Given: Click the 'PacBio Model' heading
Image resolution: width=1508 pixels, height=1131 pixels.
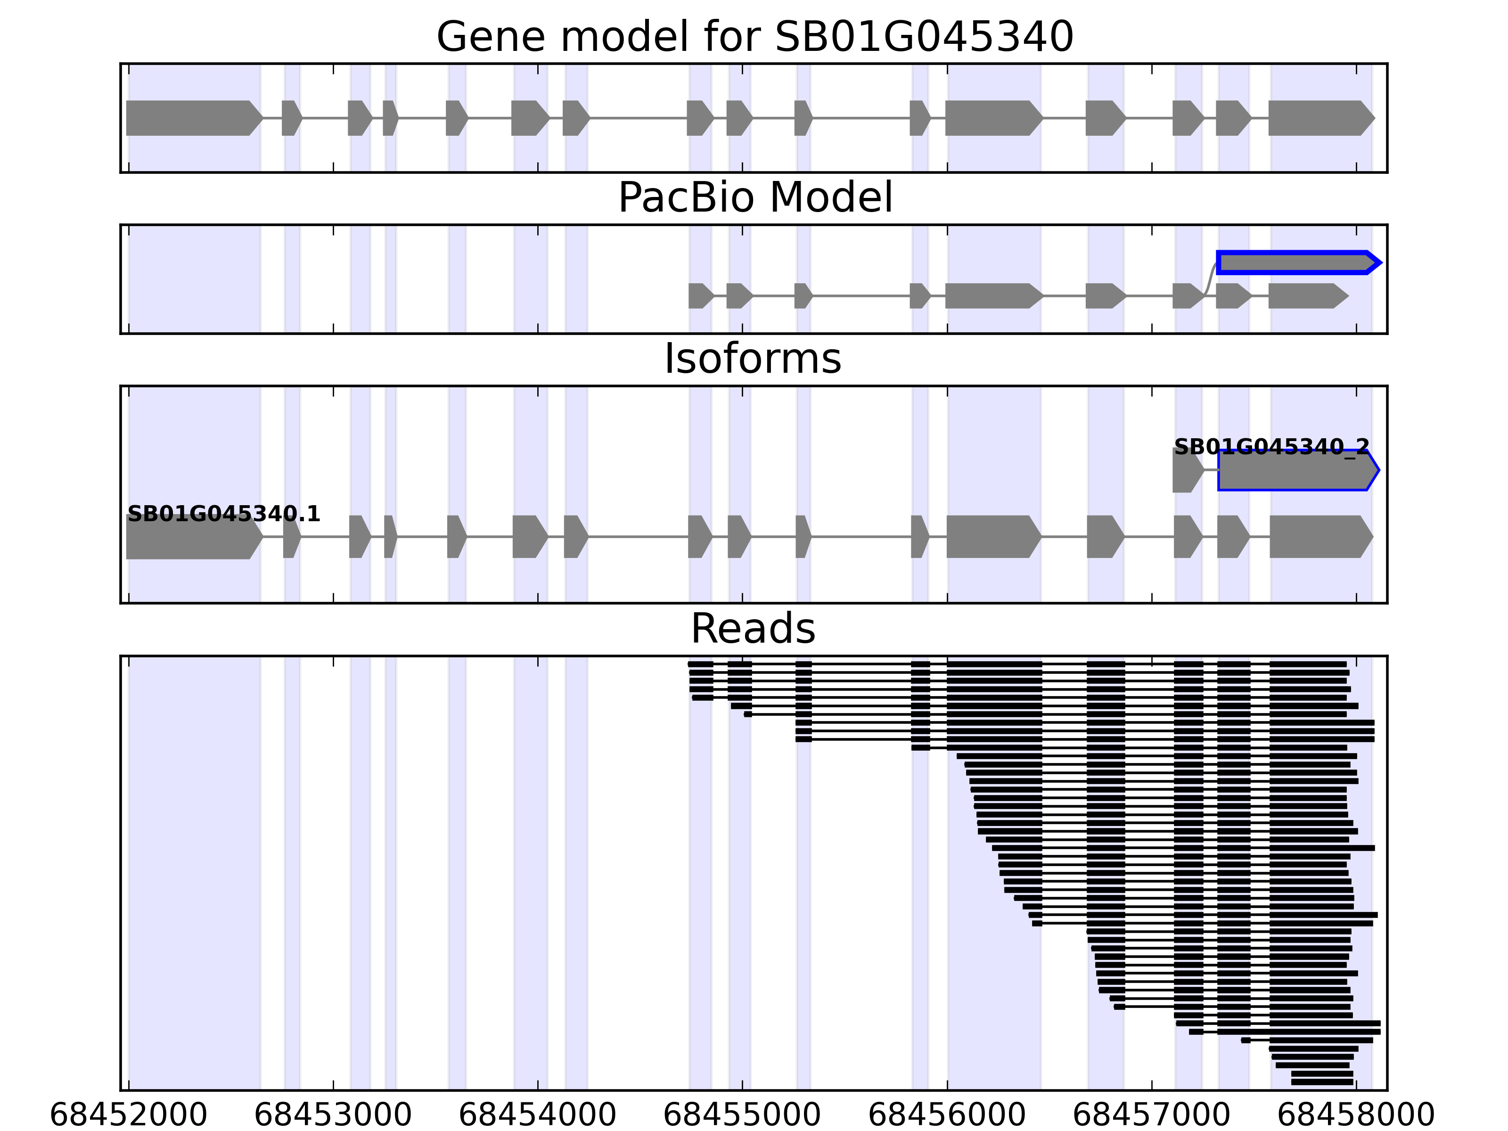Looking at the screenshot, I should [x=754, y=198].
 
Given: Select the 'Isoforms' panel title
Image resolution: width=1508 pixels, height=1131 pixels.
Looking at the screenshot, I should [x=753, y=359].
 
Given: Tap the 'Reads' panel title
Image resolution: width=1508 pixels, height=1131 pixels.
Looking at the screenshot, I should [x=753, y=629].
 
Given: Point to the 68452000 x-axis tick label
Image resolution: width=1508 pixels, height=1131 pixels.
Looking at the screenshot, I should [x=128, y=1115].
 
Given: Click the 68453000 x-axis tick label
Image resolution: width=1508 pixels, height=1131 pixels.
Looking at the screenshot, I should [x=333, y=1115].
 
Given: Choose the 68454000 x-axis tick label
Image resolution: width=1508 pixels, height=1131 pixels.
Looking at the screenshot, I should [x=537, y=1115].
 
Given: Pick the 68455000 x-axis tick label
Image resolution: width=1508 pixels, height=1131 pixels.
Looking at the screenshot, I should [x=742, y=1115].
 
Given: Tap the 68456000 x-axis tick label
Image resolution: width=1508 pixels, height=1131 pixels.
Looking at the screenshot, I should [x=947, y=1115].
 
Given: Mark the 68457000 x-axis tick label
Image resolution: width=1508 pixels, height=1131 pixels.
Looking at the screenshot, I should [x=1151, y=1115].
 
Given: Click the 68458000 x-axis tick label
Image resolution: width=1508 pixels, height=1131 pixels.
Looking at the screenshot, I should [x=1356, y=1115].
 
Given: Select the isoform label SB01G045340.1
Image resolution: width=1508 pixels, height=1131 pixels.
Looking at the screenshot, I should [x=224, y=514].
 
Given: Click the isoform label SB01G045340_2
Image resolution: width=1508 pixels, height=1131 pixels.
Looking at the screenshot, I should [x=1271, y=447].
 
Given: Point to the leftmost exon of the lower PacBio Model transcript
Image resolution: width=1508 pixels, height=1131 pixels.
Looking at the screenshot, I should [x=700, y=296].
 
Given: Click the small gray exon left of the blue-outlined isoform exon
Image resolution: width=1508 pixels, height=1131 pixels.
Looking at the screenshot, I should [x=1187, y=470].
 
